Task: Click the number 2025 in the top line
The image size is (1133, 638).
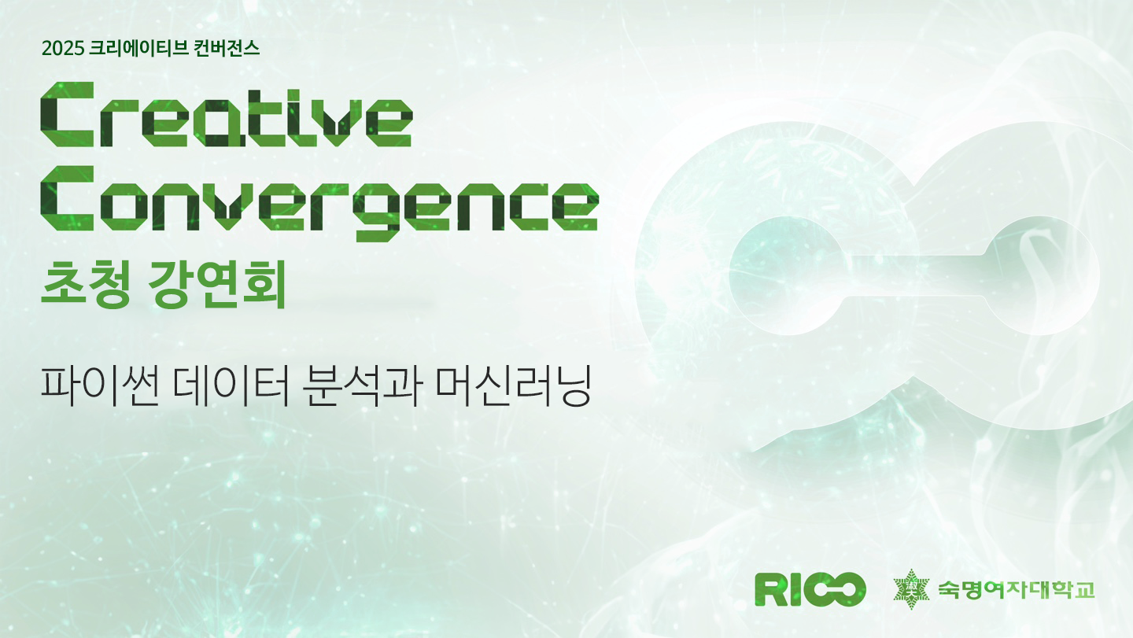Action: tap(63, 49)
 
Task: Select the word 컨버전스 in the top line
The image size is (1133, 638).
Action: tap(227, 49)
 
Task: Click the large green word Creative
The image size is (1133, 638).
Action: tap(227, 114)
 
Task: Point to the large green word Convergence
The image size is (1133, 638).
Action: tap(319, 204)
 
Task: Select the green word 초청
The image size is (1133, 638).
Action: tap(86, 284)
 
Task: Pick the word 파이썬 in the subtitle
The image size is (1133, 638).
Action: tap(100, 386)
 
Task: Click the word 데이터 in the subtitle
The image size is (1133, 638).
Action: tap(231, 386)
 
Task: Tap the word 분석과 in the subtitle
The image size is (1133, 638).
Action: tap(362, 386)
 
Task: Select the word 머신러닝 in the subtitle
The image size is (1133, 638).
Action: tap(513, 386)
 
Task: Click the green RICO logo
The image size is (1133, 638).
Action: tap(810, 589)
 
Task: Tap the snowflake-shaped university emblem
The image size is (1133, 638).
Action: tap(911, 589)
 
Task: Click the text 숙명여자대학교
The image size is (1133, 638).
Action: tap(1017, 589)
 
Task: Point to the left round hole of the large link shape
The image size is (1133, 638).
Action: tap(788, 275)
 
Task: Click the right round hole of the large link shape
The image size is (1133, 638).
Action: tap(1042, 275)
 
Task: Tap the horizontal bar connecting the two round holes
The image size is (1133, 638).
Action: tap(916, 275)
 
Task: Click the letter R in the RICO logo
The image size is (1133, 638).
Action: tap(770, 589)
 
